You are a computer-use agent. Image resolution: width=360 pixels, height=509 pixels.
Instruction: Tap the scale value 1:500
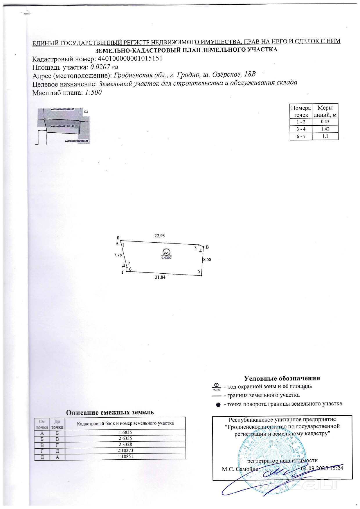point(93,93)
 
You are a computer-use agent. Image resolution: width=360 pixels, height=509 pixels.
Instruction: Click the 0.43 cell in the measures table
point(325,122)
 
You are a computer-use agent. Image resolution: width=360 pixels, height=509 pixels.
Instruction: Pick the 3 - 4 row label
point(301,129)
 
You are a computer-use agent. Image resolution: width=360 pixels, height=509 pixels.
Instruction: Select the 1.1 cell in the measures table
point(325,136)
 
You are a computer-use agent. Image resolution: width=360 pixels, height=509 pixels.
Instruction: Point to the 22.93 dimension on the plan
point(159,236)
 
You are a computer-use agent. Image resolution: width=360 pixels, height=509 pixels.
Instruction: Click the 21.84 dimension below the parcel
point(160,277)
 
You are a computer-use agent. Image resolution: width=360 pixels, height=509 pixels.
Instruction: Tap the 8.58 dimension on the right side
point(207,259)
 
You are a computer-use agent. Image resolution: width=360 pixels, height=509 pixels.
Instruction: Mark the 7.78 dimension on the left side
point(118,255)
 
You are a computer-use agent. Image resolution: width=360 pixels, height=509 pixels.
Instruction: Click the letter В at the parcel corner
point(207,247)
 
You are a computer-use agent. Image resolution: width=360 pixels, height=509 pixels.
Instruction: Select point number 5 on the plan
point(199,272)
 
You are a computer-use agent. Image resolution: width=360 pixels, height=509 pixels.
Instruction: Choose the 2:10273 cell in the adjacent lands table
point(125,451)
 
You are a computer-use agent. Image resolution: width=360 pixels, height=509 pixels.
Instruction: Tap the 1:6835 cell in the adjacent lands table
point(125,432)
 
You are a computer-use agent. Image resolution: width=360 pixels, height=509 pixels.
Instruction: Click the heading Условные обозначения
point(282,378)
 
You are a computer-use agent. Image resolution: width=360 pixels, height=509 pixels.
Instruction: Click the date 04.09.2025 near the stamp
point(313,468)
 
